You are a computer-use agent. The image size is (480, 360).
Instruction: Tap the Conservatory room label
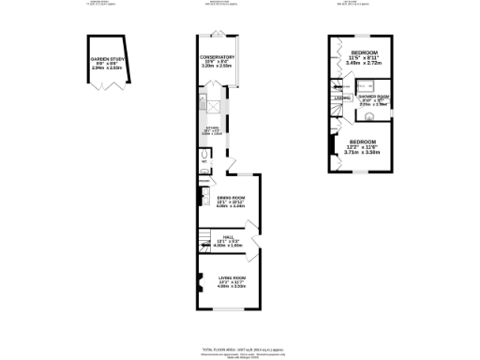point(217,57)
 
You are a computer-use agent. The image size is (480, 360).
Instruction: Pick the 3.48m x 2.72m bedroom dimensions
point(364,63)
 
